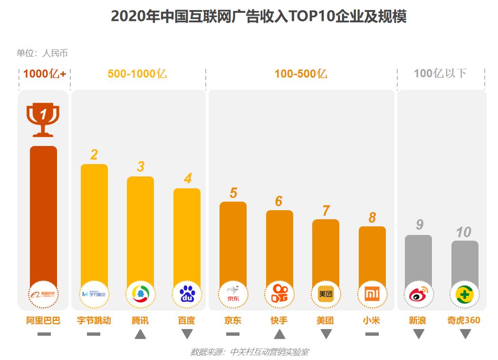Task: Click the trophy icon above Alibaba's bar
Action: (43, 119)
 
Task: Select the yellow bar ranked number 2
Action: (94, 224)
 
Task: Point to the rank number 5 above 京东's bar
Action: (233, 193)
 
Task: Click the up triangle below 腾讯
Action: (140, 334)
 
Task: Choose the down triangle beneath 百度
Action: (187, 334)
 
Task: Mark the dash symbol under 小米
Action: (372, 334)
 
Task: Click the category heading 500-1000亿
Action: (137, 74)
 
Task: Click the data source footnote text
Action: (249, 352)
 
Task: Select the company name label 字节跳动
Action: (94, 321)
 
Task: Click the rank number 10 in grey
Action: (463, 232)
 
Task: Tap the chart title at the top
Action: (259, 17)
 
